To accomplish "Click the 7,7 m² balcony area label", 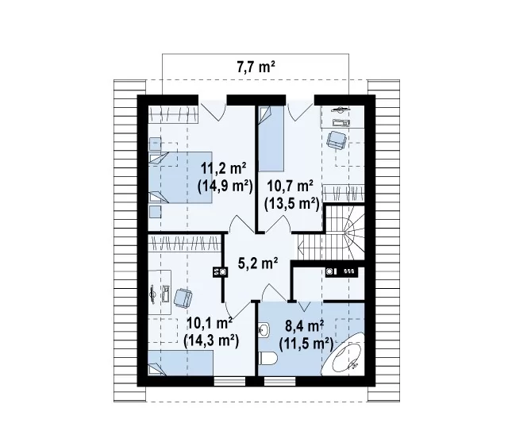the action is [x=256, y=67].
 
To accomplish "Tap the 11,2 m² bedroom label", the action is [x=224, y=169].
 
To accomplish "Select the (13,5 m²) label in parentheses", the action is [x=292, y=204].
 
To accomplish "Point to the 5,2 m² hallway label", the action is [x=258, y=263].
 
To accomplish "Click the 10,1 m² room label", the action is [x=210, y=322].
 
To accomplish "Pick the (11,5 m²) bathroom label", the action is [x=306, y=344].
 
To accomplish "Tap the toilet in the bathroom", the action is [x=268, y=358].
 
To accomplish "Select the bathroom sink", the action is [x=264, y=330].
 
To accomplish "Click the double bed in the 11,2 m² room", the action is [x=180, y=178].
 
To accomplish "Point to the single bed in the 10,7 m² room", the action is [x=271, y=139].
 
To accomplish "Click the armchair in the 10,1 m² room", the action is [x=183, y=298].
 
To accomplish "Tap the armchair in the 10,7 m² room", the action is [x=337, y=140].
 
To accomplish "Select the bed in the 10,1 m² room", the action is [x=180, y=363].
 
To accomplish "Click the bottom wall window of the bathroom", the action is [x=280, y=381].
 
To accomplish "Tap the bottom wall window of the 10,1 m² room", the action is [x=229, y=381].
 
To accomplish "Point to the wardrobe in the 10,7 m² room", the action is [x=344, y=192].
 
